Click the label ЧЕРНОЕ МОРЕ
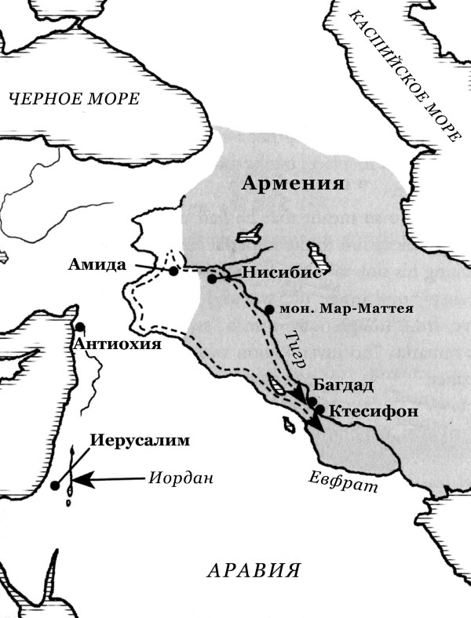point(74,99)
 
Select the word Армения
point(294,184)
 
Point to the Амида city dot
point(173,271)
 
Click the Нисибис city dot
point(212,278)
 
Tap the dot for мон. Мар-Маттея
point(269,309)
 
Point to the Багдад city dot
point(312,402)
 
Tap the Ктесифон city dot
point(319,409)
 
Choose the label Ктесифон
point(368,410)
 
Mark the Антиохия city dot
point(79,327)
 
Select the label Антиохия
point(118,344)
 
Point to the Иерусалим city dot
point(55,486)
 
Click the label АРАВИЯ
point(254,570)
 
